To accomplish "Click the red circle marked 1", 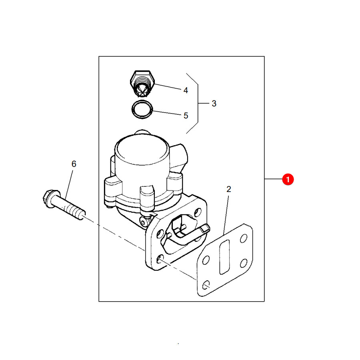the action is [288, 179].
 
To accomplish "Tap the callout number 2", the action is [229, 189].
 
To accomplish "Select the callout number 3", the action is [214, 104].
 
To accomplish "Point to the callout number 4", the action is [186, 90].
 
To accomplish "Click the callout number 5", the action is [186, 116].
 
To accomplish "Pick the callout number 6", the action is [74, 164].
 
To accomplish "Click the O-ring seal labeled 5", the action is [142, 110].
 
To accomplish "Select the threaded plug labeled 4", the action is [142, 84].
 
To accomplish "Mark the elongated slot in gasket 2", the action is [224, 257].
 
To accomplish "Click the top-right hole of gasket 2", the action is [243, 238].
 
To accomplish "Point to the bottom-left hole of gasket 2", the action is [206, 285].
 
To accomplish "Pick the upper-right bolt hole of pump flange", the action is [198, 212].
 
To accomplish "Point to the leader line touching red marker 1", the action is [274, 179].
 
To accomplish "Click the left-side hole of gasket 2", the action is [206, 260].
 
